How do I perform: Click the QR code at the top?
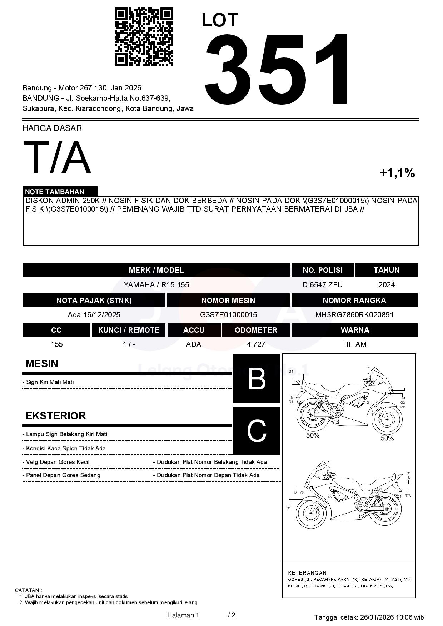[144, 37]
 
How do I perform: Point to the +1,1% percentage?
[397, 173]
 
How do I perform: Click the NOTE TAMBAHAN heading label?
[55, 192]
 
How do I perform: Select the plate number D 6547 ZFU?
[322, 285]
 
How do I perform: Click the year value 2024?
[386, 285]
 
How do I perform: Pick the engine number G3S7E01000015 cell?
[228, 315]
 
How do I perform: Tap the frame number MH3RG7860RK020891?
[354, 315]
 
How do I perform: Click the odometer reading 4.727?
[256, 344]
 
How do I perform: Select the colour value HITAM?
[354, 344]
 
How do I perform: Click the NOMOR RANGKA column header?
[354, 301]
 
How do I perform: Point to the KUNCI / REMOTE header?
[129, 330]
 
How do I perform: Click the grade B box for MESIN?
[257, 379]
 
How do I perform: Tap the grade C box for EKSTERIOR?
[257, 431]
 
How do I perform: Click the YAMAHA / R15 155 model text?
[156, 285]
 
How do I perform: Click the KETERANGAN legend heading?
[307, 573]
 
